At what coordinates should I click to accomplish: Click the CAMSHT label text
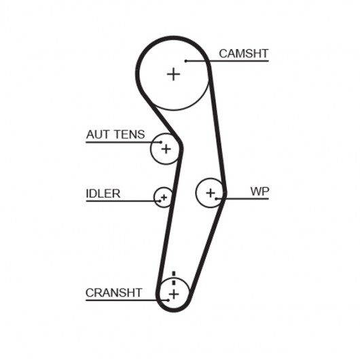click(x=244, y=54)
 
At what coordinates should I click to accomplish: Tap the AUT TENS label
click(x=115, y=134)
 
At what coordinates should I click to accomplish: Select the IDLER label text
click(x=103, y=194)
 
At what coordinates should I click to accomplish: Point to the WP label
click(x=259, y=192)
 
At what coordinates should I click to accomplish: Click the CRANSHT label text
click(x=114, y=293)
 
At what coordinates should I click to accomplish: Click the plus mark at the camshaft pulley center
click(x=173, y=74)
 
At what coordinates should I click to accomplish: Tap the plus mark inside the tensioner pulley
click(x=166, y=149)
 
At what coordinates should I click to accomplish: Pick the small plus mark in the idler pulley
click(x=164, y=197)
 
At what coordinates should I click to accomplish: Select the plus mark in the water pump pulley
click(x=211, y=193)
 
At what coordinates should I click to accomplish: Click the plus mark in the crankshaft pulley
click(x=174, y=294)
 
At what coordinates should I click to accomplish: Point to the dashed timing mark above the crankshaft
click(x=174, y=278)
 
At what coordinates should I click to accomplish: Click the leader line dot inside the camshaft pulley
click(x=185, y=61)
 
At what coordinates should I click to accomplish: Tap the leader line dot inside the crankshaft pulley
click(x=168, y=300)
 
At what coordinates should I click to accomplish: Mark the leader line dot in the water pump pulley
click(x=216, y=199)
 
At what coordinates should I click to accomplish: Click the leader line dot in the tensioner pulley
click(x=161, y=142)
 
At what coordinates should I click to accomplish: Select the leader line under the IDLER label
click(x=123, y=201)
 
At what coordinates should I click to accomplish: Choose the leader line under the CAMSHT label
click(x=227, y=61)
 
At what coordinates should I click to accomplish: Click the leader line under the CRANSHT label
click(x=127, y=300)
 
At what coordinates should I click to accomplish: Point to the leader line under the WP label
click(x=242, y=199)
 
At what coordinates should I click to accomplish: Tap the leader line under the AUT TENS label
click(x=124, y=142)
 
